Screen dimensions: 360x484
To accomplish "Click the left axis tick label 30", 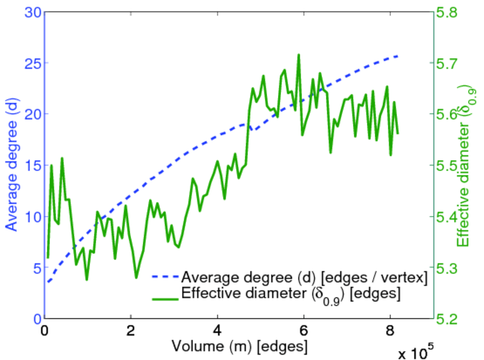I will [x=32, y=11].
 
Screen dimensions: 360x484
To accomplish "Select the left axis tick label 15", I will [x=32, y=165].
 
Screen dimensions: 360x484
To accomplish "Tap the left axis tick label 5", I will [x=35, y=267].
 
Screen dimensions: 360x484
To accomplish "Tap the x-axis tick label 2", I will [x=131, y=331].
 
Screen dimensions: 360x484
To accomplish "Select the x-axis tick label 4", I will [x=217, y=331].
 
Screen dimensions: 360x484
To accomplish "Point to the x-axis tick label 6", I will [x=304, y=331].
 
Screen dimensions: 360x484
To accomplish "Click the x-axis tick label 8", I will [x=390, y=331].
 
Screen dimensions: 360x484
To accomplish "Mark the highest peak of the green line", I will [x=298, y=55].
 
